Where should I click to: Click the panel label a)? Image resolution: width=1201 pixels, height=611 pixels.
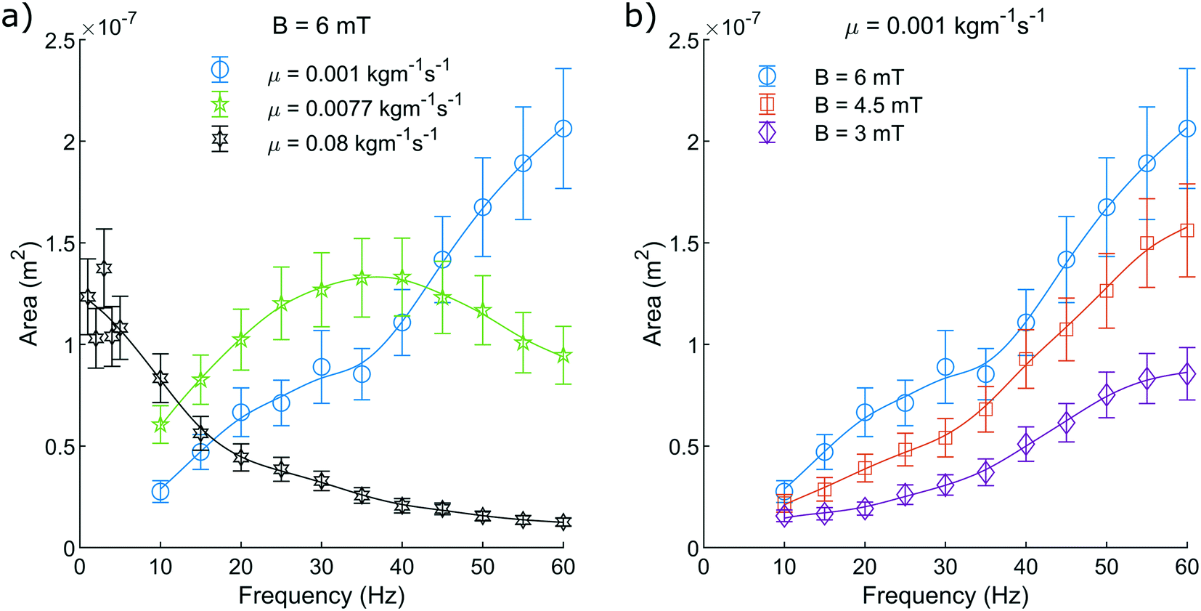pyautogui.click(x=16, y=16)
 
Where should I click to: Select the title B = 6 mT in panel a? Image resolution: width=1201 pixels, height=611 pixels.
pyautogui.click(x=321, y=26)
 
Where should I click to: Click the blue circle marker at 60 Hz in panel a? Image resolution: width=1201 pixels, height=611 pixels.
pyautogui.click(x=563, y=129)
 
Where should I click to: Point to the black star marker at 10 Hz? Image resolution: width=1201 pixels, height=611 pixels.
pyautogui.click(x=160, y=378)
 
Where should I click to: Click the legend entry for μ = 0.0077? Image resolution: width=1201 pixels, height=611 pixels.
pyautogui.click(x=363, y=108)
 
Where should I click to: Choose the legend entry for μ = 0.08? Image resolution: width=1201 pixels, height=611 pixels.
pyautogui.click(x=351, y=142)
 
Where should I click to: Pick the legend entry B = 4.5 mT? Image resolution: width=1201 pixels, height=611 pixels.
pyautogui.click(x=868, y=105)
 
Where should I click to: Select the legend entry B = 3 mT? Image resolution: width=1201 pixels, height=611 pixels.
pyautogui.click(x=858, y=134)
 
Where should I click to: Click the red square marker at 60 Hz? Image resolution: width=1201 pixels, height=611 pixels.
pyautogui.click(x=1187, y=230)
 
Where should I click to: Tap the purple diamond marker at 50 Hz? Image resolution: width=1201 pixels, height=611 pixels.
pyautogui.click(x=1107, y=394)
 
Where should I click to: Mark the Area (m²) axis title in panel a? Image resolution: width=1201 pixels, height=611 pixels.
pyautogui.click(x=28, y=297)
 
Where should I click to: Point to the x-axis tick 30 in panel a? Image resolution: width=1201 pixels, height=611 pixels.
pyautogui.click(x=322, y=567)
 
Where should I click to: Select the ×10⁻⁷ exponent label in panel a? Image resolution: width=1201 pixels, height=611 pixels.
pyautogui.click(x=109, y=26)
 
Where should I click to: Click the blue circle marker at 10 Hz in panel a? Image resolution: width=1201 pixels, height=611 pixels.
pyautogui.click(x=160, y=492)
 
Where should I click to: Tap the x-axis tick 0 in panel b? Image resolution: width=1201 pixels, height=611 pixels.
pyautogui.click(x=704, y=567)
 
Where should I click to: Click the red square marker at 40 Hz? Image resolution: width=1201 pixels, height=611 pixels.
pyautogui.click(x=1026, y=358)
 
